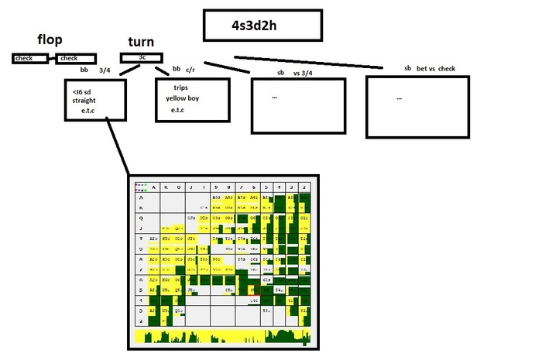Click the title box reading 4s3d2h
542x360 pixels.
coord(262,26)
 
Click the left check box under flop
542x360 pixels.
coord(29,58)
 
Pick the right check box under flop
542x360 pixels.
coord(76,58)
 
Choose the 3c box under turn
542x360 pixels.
coord(142,57)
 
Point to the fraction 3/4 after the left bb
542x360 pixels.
coord(105,70)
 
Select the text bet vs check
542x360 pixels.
coord(436,69)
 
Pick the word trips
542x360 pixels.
coord(180,87)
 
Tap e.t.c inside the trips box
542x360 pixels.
coord(182,110)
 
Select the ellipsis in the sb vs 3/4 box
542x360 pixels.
coord(274,98)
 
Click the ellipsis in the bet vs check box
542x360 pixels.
coord(399,98)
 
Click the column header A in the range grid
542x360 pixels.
coord(154,187)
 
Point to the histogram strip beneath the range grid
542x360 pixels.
coord(223,337)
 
